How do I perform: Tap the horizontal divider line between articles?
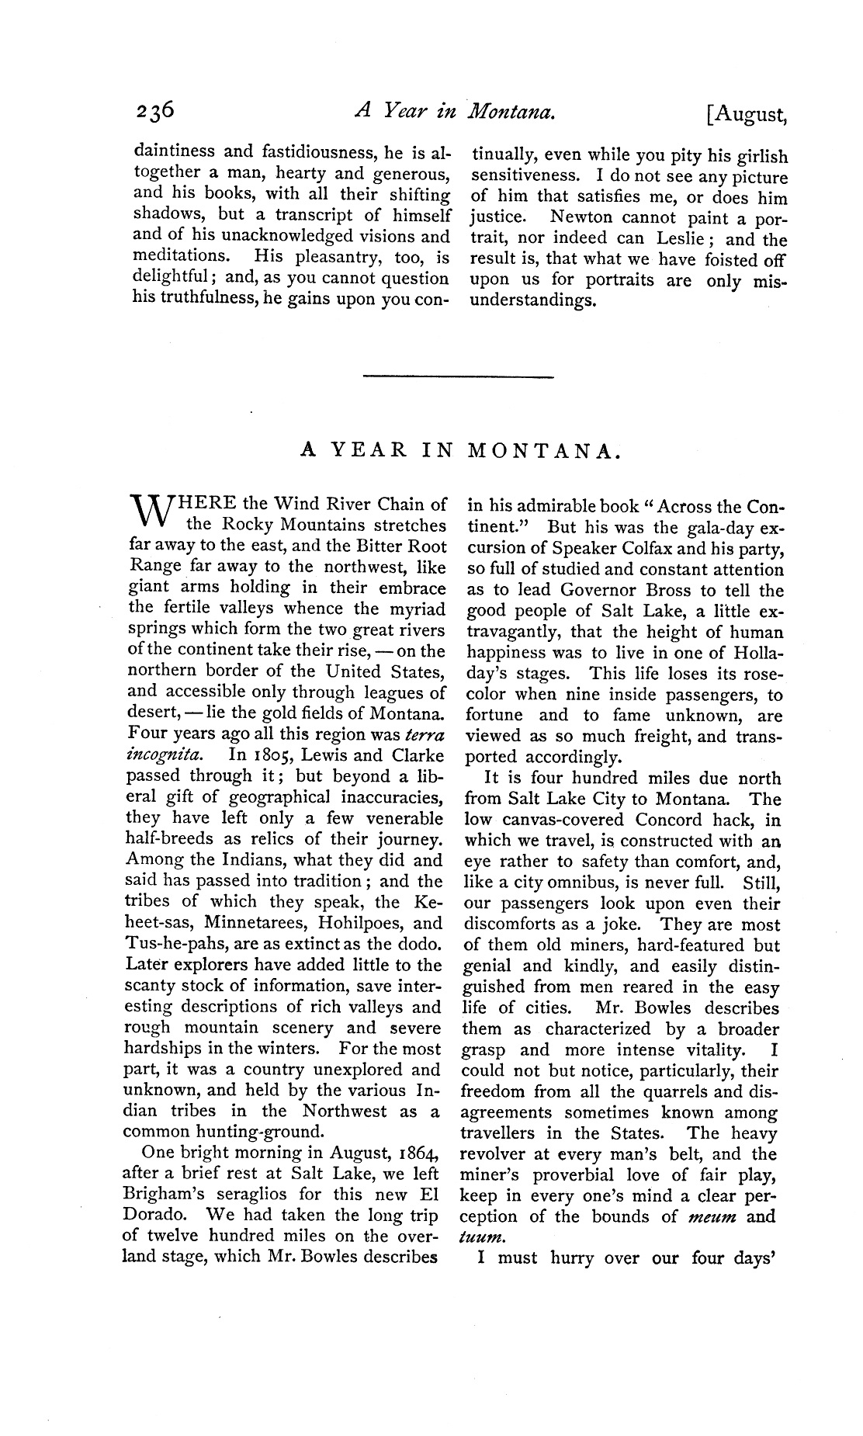pos(458,378)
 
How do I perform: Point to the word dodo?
pos(420,945)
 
